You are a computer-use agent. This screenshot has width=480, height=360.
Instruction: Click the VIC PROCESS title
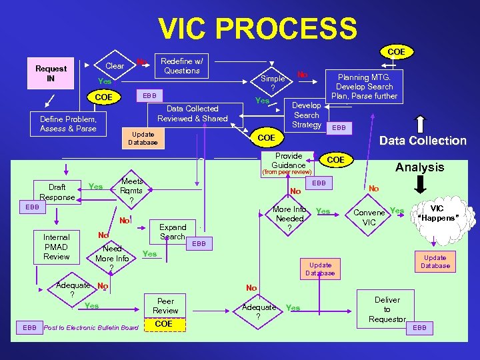coord(257,28)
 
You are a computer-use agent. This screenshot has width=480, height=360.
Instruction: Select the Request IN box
coord(51,73)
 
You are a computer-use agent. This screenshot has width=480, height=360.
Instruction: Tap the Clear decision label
coord(115,66)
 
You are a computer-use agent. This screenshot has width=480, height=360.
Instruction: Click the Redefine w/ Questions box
coord(181,65)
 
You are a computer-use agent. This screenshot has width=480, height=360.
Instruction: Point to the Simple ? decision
coord(272,83)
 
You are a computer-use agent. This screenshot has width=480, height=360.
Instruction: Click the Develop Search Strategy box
coord(307,115)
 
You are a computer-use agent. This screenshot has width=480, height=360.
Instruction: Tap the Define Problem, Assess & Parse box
coord(67,124)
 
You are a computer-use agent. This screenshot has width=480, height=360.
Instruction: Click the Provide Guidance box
coord(289,160)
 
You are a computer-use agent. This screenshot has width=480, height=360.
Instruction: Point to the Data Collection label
coord(423,141)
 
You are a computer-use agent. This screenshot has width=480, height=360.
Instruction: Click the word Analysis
coord(419,167)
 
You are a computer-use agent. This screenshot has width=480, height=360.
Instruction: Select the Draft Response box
coord(57,193)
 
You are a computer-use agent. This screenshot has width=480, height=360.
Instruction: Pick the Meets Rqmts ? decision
coord(131,191)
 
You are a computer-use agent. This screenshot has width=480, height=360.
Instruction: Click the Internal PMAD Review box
coord(56,246)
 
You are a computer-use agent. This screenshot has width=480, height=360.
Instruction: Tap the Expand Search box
coord(173,232)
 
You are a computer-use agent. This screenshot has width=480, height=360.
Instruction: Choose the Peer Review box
coord(165,306)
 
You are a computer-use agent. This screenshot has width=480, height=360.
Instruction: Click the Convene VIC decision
coord(369,217)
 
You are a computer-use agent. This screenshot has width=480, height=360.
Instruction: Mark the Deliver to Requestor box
coord(387,309)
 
